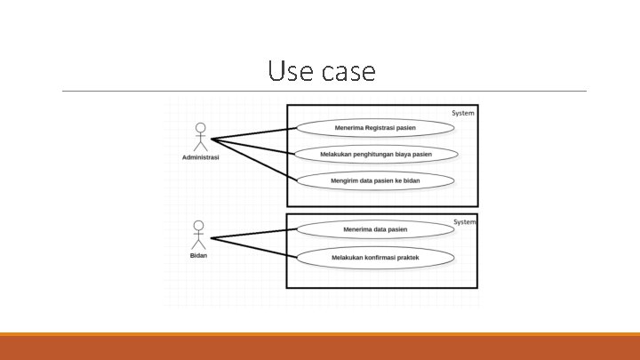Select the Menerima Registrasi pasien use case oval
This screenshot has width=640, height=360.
click(375, 128)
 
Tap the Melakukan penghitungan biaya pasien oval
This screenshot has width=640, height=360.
click(376, 155)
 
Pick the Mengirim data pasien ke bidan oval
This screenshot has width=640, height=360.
click(375, 180)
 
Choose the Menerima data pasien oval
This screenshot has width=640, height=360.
click(375, 229)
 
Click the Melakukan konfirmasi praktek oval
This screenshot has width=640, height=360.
click(375, 258)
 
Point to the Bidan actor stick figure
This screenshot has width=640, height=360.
click(198, 236)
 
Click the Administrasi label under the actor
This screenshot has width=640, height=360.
click(200, 158)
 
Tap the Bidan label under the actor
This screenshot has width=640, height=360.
click(198, 256)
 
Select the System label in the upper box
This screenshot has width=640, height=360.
click(463, 113)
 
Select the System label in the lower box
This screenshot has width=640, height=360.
click(465, 221)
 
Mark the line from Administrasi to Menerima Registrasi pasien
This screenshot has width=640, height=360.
click(253, 134)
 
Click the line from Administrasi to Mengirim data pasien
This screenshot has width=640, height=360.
click(253, 160)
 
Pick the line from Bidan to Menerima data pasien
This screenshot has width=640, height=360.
click(253, 234)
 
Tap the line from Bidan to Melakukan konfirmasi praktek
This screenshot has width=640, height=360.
click(253, 247)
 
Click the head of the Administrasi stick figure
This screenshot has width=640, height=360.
click(200, 127)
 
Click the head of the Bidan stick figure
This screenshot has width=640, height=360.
click(198, 226)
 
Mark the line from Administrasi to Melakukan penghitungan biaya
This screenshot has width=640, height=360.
click(253, 146)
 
